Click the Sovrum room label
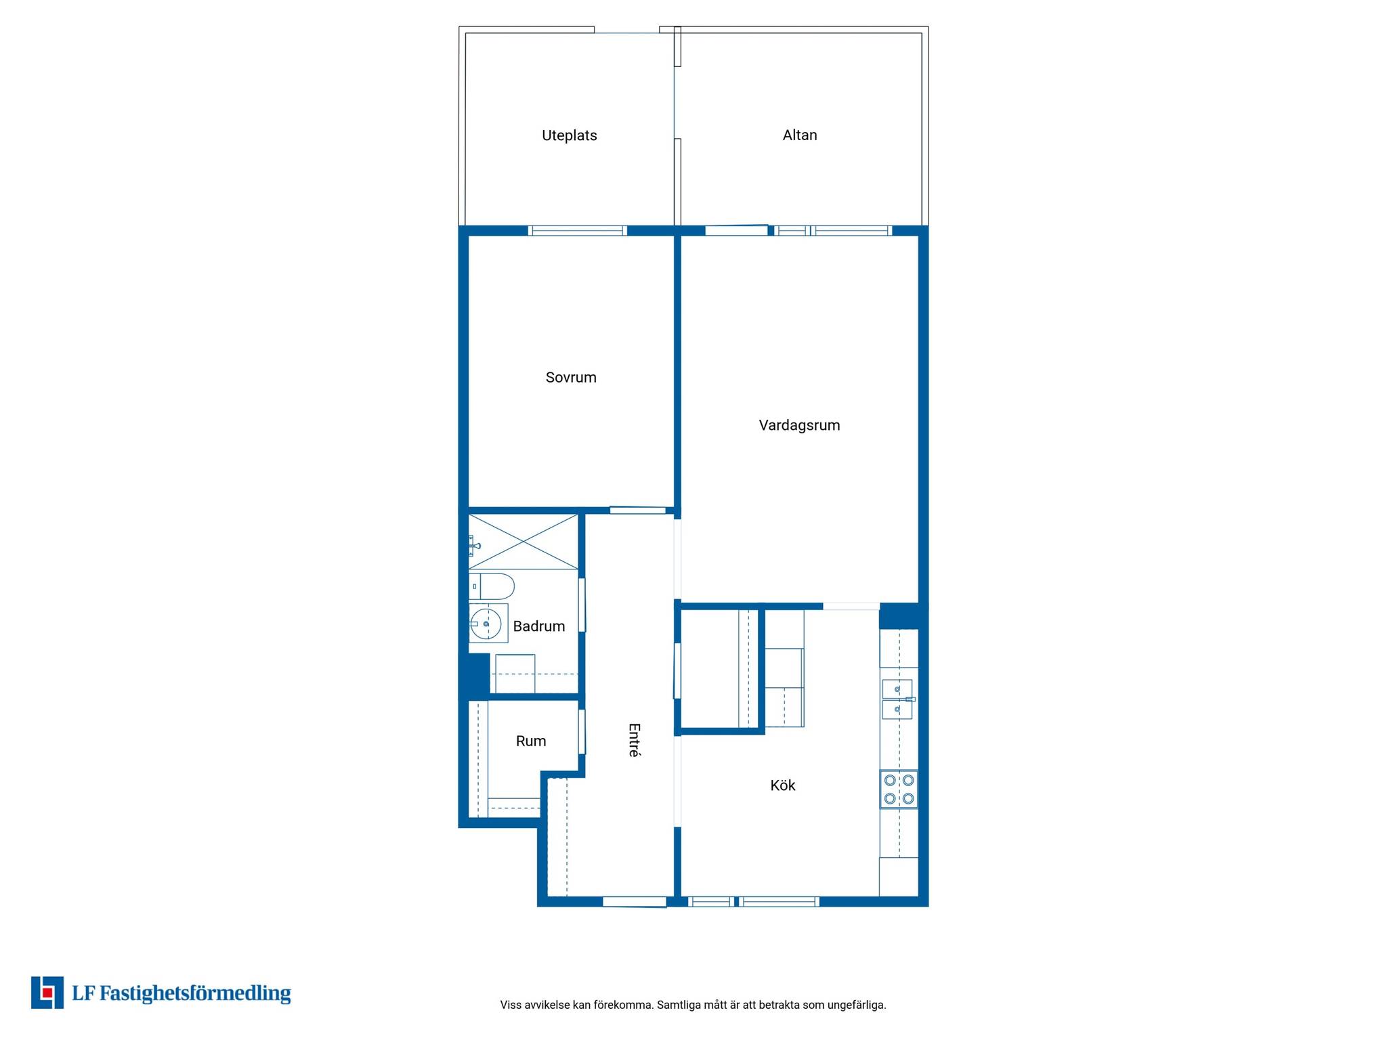571,378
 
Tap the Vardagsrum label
799,426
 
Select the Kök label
783,785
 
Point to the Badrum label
539,626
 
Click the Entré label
634,740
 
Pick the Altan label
800,135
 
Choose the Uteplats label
570,135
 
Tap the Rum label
531,741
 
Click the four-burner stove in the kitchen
899,789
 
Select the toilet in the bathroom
492,586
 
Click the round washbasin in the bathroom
486,623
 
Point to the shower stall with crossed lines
524,542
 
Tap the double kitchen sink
898,699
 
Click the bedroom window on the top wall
578,231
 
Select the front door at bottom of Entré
635,902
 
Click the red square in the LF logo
47,993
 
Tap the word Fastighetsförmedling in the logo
196,994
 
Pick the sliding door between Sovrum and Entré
638,511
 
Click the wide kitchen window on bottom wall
779,902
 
